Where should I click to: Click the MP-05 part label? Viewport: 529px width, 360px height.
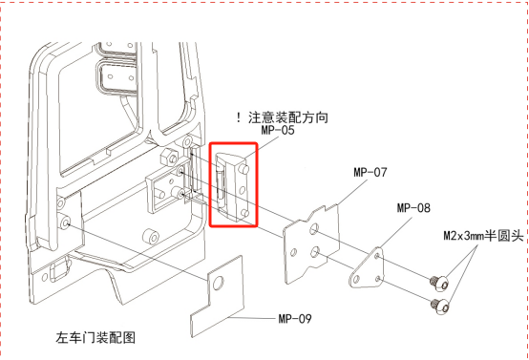[x=278, y=130]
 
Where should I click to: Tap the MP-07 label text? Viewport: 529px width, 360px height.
[x=370, y=173]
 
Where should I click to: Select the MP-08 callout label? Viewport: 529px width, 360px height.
[x=413, y=208]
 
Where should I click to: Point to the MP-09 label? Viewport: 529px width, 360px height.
[x=295, y=319]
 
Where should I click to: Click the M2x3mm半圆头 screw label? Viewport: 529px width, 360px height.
[x=483, y=236]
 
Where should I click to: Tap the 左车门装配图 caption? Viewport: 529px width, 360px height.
[x=95, y=337]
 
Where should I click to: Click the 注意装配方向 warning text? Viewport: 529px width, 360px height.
[x=288, y=117]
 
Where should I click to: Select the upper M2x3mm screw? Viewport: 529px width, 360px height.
[x=440, y=283]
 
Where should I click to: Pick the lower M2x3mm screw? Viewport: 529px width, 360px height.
[x=440, y=306]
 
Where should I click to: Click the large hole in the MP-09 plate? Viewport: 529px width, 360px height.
[x=218, y=282]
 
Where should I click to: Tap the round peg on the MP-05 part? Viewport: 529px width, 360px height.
[x=244, y=168]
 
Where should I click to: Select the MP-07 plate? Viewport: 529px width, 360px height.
[x=311, y=243]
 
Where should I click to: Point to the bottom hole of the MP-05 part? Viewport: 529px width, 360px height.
[x=245, y=213]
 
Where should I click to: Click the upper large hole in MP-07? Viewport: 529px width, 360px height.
[x=314, y=229]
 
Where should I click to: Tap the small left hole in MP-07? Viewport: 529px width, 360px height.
[x=293, y=252]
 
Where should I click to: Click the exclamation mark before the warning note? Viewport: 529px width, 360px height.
[x=239, y=117]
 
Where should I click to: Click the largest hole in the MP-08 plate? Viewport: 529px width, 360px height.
[x=356, y=280]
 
